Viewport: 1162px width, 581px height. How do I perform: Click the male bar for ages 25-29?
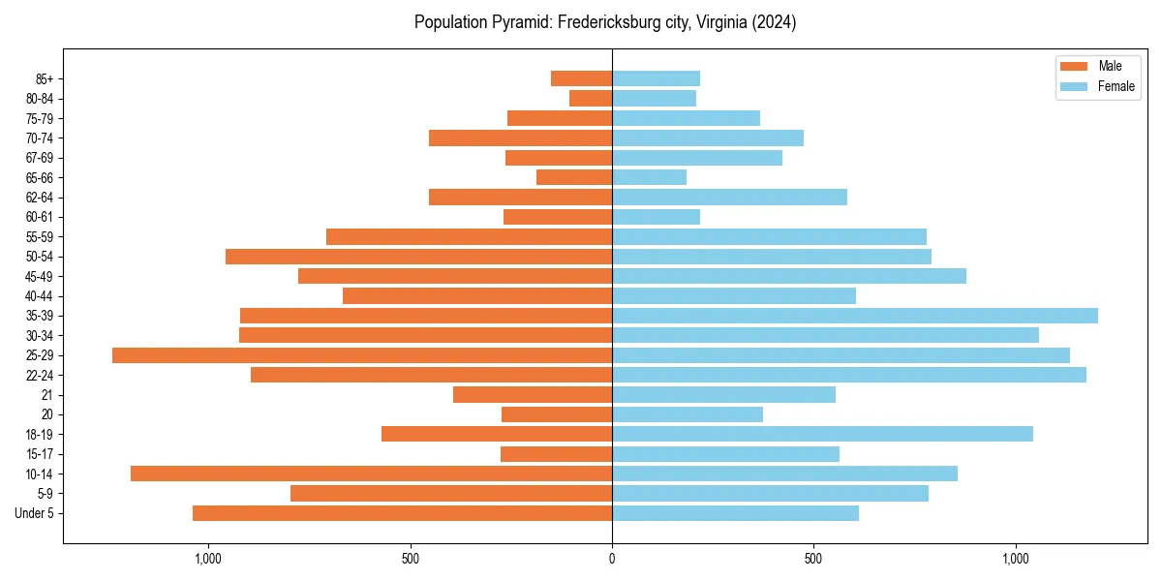(x=362, y=355)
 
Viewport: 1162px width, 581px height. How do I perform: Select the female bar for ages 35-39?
(x=855, y=316)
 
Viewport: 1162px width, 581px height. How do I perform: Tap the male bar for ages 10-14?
(x=371, y=474)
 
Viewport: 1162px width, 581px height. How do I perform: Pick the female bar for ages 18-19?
(x=822, y=434)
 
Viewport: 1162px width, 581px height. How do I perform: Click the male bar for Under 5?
(x=402, y=513)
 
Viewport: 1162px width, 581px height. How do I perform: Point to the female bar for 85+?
(x=656, y=78)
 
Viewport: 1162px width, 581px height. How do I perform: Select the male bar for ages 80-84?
(x=591, y=98)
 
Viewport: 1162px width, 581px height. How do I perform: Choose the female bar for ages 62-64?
(x=729, y=198)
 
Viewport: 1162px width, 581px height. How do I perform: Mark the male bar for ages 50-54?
(x=418, y=257)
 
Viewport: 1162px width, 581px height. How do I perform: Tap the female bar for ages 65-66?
(x=649, y=177)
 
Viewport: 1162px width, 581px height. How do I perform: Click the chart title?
(x=605, y=22)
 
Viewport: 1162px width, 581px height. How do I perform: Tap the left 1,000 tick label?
(x=208, y=559)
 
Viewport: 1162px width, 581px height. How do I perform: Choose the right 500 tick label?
(x=813, y=559)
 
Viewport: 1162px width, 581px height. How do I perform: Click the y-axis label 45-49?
(x=40, y=276)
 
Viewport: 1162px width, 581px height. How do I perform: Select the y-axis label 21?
(x=47, y=395)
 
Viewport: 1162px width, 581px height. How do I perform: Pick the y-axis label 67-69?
(x=40, y=158)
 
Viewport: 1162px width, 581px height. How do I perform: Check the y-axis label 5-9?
(x=44, y=494)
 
